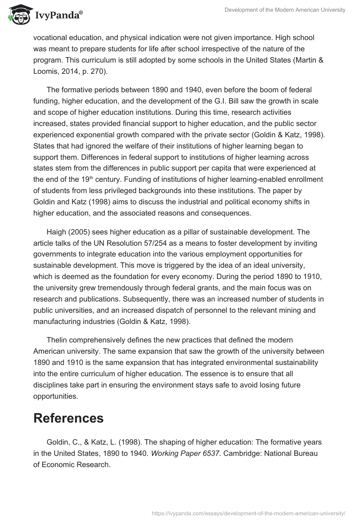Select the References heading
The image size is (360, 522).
(68, 418)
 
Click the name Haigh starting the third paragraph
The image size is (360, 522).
(57, 232)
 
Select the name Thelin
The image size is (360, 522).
(57, 340)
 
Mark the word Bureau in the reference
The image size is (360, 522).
(306, 454)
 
